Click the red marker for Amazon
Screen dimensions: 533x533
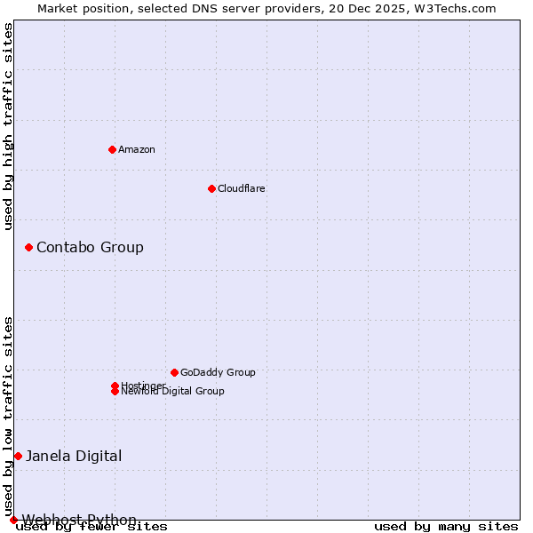tap(112, 149)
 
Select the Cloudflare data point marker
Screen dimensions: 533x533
tap(211, 188)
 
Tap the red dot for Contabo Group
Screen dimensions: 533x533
tap(28, 247)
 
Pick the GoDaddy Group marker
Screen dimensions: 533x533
tap(174, 372)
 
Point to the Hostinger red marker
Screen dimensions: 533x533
tap(115, 386)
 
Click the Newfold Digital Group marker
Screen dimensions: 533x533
tap(115, 392)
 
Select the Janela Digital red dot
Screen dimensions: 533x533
tap(18, 456)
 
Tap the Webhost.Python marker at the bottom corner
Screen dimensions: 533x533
tap(13, 520)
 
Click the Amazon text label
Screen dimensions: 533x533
tap(137, 149)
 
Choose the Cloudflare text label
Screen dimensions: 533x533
tap(241, 188)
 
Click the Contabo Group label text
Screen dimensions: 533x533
tap(90, 247)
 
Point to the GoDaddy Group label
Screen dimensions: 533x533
tap(218, 372)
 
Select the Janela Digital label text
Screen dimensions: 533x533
tap(74, 456)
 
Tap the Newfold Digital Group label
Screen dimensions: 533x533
tap(173, 392)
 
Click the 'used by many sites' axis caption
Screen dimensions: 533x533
tap(446, 527)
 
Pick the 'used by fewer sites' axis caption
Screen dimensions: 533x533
tap(91, 527)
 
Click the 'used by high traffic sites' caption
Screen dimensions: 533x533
tap(8, 127)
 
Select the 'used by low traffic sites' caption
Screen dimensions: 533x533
tap(8, 416)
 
